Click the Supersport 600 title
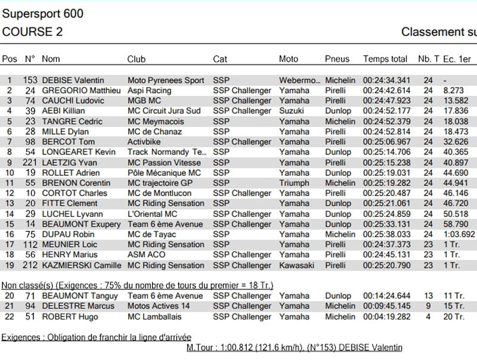point(42,14)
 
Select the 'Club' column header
point(137,59)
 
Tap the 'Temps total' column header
point(385,59)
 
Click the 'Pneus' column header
point(337,59)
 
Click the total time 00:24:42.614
point(386,91)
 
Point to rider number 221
point(30,163)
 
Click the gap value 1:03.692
point(459,234)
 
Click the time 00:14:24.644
point(386,296)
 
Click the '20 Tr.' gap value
point(451,316)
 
